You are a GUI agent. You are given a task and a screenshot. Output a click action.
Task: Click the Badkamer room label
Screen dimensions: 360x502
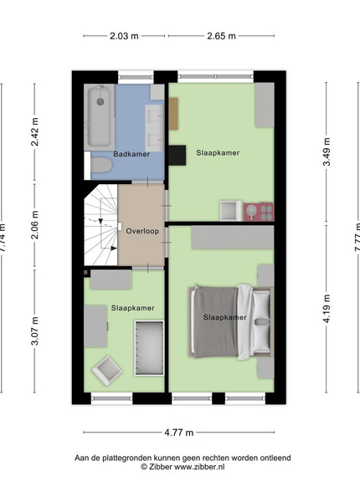[131, 154]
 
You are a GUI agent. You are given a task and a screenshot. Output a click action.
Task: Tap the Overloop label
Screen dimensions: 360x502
[142, 231]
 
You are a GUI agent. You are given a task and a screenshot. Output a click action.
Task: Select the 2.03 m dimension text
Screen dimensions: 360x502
[124, 36]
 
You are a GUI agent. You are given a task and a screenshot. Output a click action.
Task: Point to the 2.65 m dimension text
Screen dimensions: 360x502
[221, 36]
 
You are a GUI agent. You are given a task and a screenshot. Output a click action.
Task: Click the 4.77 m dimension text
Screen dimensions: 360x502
[179, 433]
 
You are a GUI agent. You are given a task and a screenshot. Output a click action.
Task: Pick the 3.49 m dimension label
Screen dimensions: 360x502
[327, 151]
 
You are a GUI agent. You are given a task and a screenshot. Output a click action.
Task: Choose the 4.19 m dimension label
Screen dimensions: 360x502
[327, 309]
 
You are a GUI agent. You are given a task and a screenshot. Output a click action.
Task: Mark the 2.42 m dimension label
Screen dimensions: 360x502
[34, 132]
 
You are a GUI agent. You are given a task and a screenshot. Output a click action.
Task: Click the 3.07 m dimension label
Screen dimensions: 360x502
[34, 330]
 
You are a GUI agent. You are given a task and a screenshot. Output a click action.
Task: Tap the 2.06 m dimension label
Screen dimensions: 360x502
[34, 225]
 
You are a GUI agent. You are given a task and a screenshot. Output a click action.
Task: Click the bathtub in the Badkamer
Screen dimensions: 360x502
[100, 117]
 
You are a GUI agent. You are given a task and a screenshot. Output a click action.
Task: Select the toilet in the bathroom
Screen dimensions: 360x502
[101, 166]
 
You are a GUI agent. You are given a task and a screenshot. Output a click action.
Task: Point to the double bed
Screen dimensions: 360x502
[231, 321]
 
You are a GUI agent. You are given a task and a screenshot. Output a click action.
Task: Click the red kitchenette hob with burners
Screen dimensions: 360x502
[259, 212]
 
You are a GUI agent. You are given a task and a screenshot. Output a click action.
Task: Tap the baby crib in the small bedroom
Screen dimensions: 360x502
[149, 348]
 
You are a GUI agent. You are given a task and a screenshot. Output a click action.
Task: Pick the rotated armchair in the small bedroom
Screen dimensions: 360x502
[107, 370]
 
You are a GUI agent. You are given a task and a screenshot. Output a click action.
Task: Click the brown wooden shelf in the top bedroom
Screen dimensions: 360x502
[173, 114]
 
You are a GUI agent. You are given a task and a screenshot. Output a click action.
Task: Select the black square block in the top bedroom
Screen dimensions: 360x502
[177, 156]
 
